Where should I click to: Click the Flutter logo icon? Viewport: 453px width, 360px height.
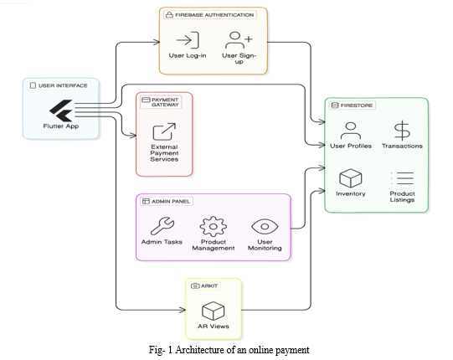61,111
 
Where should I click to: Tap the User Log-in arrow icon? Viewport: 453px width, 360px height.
188,40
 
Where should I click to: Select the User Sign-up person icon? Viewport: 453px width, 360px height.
239,40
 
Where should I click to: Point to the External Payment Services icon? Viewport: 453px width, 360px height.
164,131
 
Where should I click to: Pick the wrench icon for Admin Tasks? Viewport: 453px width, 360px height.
162,226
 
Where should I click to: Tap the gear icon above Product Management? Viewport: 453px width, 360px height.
214,227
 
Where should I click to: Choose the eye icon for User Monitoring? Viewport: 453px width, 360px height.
265,227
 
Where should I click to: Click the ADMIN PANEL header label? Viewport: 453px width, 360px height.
167,202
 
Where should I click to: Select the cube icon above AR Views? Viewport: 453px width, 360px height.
214,311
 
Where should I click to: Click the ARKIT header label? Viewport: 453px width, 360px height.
205,285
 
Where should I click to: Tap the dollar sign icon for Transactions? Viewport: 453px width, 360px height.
402,131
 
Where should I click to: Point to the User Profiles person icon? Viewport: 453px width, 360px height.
351,131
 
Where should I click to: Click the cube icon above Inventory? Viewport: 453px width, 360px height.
351,178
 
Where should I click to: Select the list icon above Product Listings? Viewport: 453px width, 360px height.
402,178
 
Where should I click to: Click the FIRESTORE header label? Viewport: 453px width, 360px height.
353,105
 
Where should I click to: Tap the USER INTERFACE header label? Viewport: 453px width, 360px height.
59,85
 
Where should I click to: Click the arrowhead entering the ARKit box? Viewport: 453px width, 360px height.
183,310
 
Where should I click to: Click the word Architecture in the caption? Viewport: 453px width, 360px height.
200,350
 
